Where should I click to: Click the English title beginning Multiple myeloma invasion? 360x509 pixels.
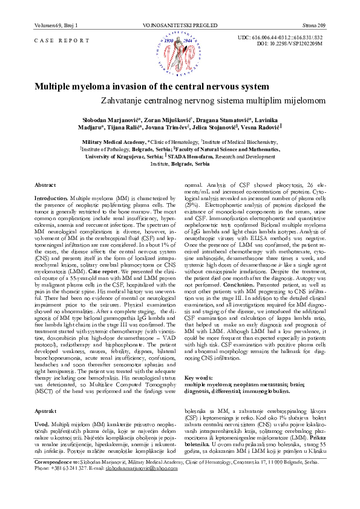(151, 86)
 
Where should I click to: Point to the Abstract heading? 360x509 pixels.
(45, 183)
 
